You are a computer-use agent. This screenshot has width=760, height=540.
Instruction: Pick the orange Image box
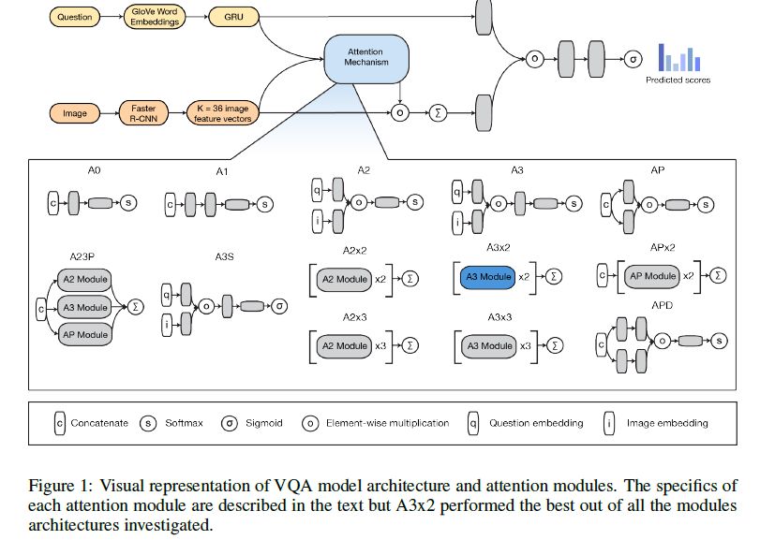[x=74, y=113]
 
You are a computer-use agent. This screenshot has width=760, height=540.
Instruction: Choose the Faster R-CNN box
[x=142, y=113]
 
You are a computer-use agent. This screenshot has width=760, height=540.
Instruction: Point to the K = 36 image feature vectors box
[x=223, y=113]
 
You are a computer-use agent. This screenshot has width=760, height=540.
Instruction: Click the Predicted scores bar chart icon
[x=678, y=59]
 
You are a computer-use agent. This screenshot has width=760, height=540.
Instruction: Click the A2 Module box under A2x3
[x=344, y=346]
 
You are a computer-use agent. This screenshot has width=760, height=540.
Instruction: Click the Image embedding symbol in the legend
[x=609, y=423]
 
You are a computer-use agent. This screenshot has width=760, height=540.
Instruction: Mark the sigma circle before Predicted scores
[x=633, y=58]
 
